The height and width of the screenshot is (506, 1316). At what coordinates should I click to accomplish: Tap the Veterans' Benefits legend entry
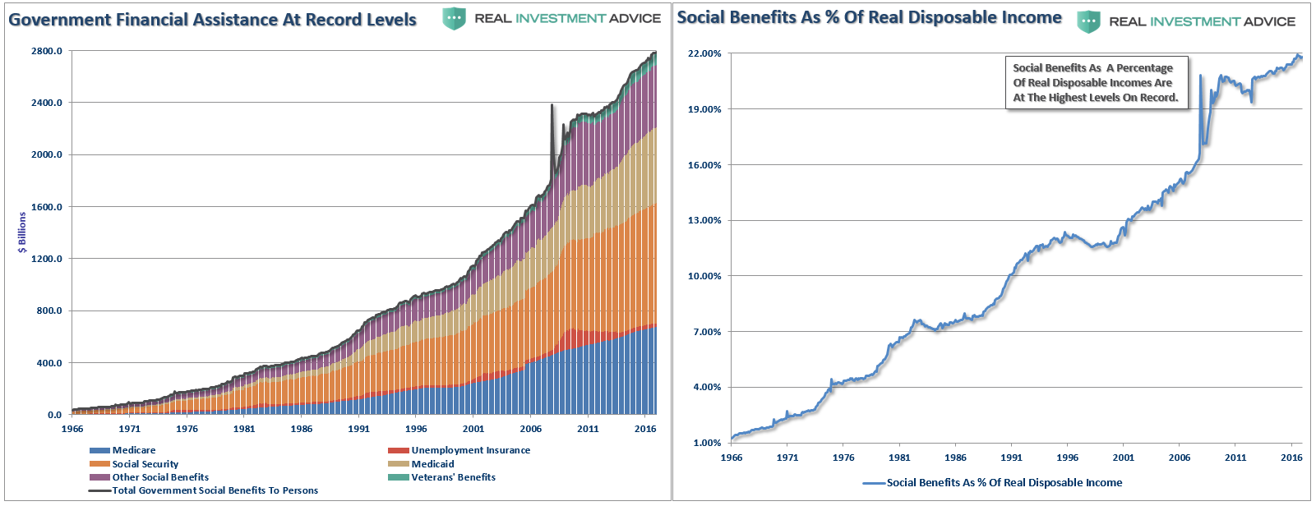click(x=453, y=477)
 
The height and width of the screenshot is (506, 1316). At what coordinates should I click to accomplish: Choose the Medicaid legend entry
click(x=432, y=464)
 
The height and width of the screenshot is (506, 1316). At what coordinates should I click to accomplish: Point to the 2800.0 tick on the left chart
click(x=47, y=51)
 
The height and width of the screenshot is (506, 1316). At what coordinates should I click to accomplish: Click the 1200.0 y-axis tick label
click(x=47, y=259)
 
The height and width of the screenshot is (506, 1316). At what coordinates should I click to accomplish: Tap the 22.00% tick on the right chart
click(x=704, y=53)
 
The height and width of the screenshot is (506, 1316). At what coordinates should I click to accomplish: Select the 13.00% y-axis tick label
click(x=704, y=220)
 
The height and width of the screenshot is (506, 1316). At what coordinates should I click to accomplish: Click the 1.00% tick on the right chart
click(x=707, y=443)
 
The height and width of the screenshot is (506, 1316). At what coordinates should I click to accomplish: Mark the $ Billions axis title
click(x=22, y=232)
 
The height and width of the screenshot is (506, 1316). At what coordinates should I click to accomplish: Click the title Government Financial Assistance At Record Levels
click(x=212, y=19)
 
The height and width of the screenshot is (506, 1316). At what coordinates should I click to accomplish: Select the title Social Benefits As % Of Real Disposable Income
click(x=869, y=17)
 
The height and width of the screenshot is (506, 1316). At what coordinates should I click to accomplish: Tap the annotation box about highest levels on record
click(x=1096, y=83)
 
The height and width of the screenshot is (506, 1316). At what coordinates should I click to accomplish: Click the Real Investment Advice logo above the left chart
click(x=552, y=18)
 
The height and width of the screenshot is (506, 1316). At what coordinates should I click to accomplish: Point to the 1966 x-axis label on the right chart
click(x=731, y=458)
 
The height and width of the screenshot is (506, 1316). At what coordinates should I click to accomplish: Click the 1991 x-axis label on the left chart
click(x=358, y=429)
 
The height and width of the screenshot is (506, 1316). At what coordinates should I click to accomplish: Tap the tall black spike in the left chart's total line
click(x=552, y=107)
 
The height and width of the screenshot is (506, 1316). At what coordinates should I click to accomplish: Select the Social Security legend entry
click(x=145, y=464)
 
